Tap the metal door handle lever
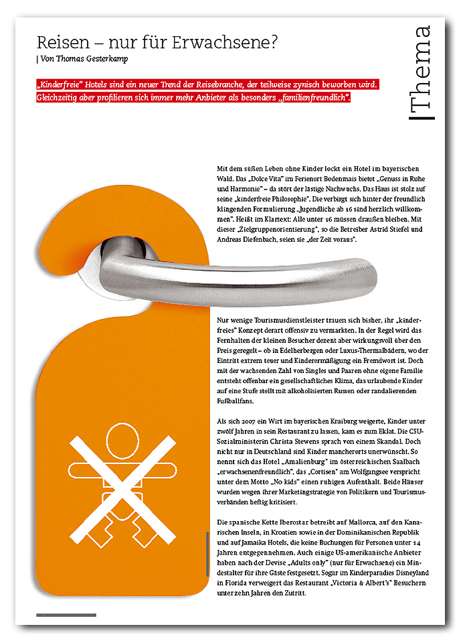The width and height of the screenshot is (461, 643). coord(268,271)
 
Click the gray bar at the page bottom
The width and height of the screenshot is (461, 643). coord(66,614)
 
